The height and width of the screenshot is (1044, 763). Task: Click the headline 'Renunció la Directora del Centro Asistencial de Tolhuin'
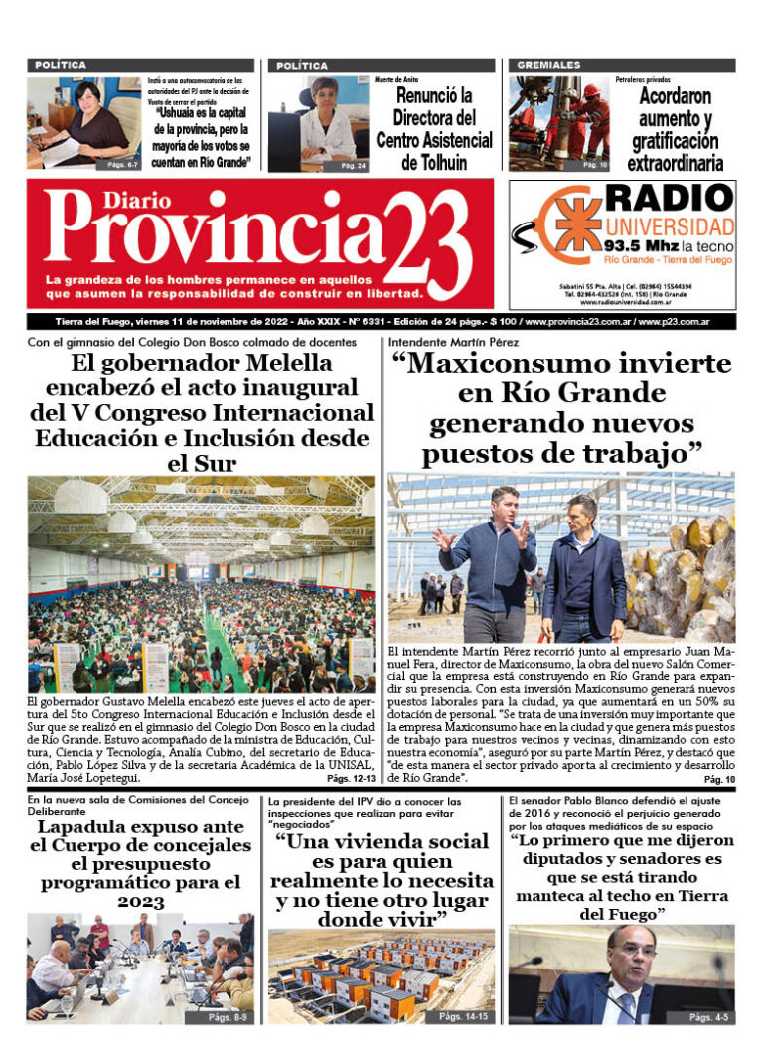(433, 129)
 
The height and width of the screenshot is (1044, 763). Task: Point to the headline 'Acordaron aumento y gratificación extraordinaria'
(676, 130)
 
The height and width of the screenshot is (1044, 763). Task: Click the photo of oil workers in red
(558, 124)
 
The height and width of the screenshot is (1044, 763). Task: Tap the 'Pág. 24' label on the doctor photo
(353, 165)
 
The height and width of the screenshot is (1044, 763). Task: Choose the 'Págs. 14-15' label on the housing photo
(463, 1016)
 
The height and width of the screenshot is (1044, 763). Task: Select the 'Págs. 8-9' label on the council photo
(225, 1016)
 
